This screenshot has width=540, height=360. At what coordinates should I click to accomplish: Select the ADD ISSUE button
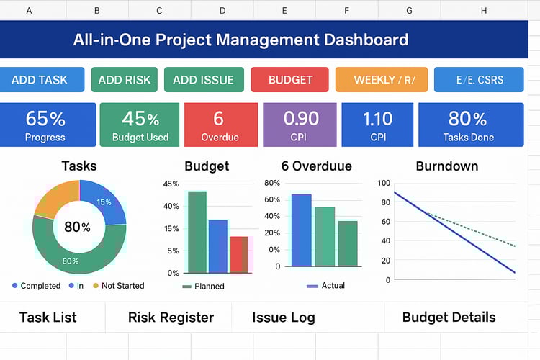204,80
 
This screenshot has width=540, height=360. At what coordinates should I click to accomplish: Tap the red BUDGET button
290,80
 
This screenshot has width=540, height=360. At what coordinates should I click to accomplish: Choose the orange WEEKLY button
381,80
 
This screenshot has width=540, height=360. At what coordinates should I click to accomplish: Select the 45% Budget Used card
140,125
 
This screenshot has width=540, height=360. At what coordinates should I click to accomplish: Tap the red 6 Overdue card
219,125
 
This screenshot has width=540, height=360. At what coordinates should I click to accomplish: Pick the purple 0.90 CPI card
300,125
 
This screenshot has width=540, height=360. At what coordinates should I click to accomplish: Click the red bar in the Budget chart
238,254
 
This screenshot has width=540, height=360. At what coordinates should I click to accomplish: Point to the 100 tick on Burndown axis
383,183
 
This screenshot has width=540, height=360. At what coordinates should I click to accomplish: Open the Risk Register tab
171,318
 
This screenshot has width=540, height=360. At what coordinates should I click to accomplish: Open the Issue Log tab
283,318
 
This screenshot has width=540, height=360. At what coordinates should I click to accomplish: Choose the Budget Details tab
449,318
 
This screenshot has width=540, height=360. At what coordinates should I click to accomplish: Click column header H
483,11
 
